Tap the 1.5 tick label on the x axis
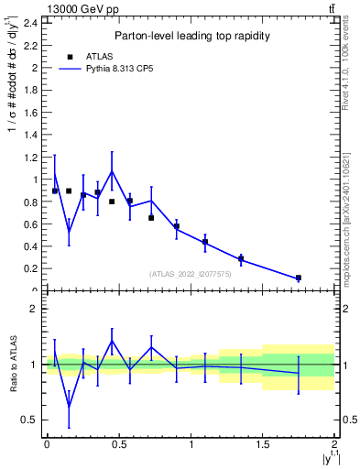tap(263, 444)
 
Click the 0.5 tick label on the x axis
tap(118, 444)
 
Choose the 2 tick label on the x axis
tap(335, 444)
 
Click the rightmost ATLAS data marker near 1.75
tap(299, 278)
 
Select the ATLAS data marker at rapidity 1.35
tap(241, 258)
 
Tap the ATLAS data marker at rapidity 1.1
tap(205, 242)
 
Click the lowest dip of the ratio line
tap(69, 407)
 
